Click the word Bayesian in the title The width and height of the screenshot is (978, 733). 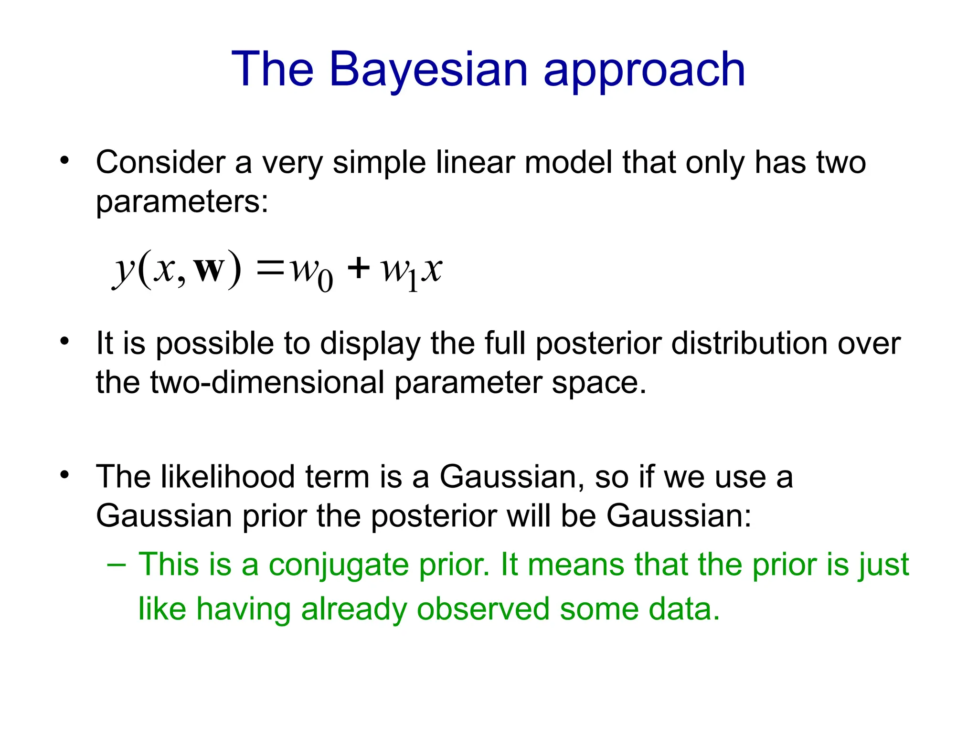[428, 70]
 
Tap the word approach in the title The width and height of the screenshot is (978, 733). [644, 72]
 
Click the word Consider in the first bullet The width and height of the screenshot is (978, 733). [160, 163]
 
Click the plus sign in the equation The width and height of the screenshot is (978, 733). [358, 268]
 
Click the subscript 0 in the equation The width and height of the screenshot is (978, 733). [325, 281]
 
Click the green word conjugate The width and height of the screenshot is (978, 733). [339, 565]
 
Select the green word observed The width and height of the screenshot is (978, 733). [483, 609]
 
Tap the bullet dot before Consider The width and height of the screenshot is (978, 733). [64, 160]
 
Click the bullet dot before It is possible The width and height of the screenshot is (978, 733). [64, 341]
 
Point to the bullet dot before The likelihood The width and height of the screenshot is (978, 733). [64, 475]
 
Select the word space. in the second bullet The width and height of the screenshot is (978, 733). [599, 383]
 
